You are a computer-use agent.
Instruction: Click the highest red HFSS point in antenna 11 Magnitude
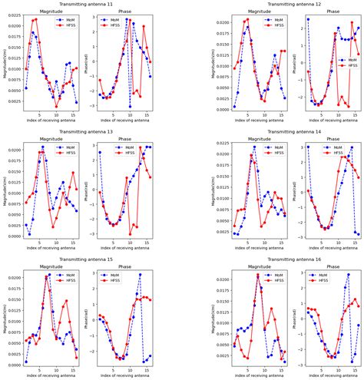click(35, 19)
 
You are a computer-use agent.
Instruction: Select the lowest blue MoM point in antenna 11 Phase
click(131, 106)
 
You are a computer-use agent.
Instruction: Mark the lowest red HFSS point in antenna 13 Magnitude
click(54, 227)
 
